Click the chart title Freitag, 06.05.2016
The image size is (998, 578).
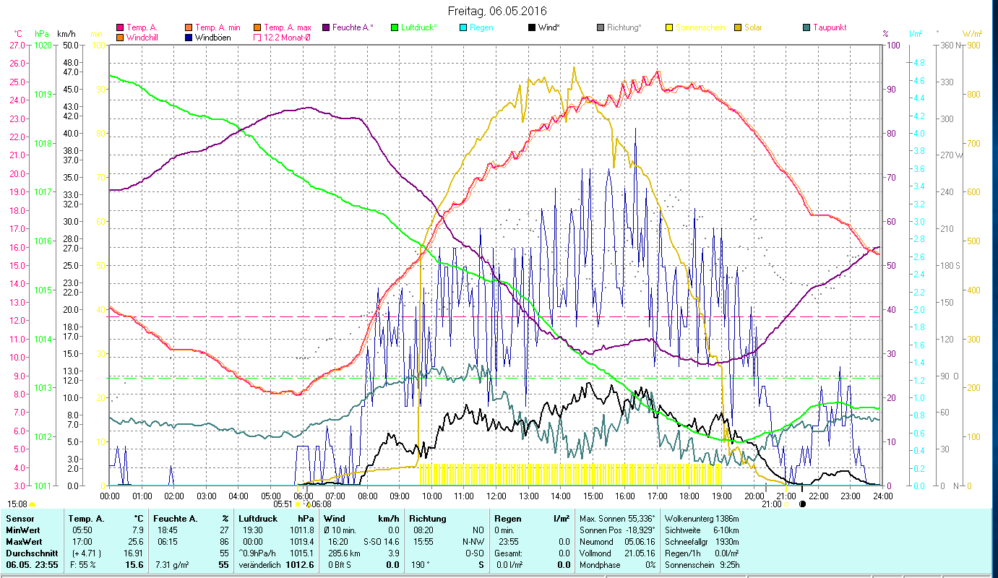497,11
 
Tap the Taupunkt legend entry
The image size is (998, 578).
829,27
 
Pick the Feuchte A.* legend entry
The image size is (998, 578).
352,27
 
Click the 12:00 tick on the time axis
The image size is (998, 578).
496,496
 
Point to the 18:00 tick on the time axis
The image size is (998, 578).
689,496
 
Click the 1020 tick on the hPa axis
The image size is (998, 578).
43,45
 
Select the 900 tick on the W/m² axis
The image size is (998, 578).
973,45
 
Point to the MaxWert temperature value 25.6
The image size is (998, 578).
134,541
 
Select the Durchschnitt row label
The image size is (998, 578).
29,553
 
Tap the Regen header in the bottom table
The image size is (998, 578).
507,518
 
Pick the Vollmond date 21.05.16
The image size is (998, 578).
636,553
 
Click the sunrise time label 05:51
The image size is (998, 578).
283,504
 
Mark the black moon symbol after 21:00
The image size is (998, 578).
802,504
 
